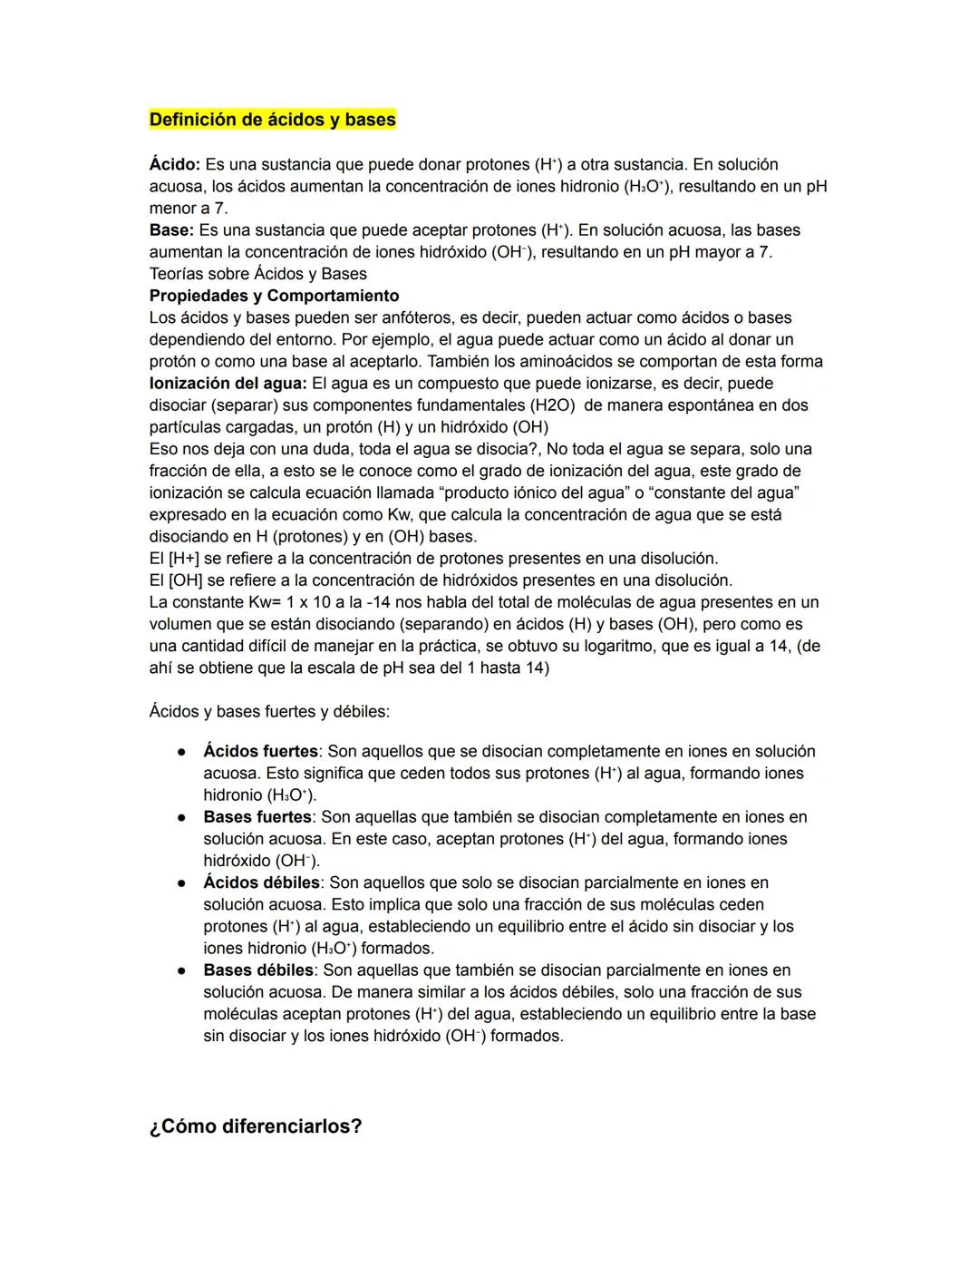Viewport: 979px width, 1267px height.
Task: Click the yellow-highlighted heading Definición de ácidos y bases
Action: (x=272, y=120)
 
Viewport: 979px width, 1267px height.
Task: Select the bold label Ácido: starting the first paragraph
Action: (x=174, y=165)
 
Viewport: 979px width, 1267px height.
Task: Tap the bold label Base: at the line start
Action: (x=171, y=230)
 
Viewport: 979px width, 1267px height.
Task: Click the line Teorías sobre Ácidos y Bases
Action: (x=257, y=274)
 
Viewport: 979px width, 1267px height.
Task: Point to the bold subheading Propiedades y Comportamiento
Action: (x=274, y=296)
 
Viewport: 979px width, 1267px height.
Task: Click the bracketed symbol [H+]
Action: (x=183, y=559)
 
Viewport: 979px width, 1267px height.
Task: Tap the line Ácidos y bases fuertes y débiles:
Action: (x=269, y=712)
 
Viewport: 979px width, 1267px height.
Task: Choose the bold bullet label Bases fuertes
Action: (x=257, y=817)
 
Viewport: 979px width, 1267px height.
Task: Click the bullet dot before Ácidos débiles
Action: (x=182, y=883)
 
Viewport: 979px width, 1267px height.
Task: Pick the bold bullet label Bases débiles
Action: (x=257, y=970)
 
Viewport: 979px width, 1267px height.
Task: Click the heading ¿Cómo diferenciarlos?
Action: (x=255, y=1126)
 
